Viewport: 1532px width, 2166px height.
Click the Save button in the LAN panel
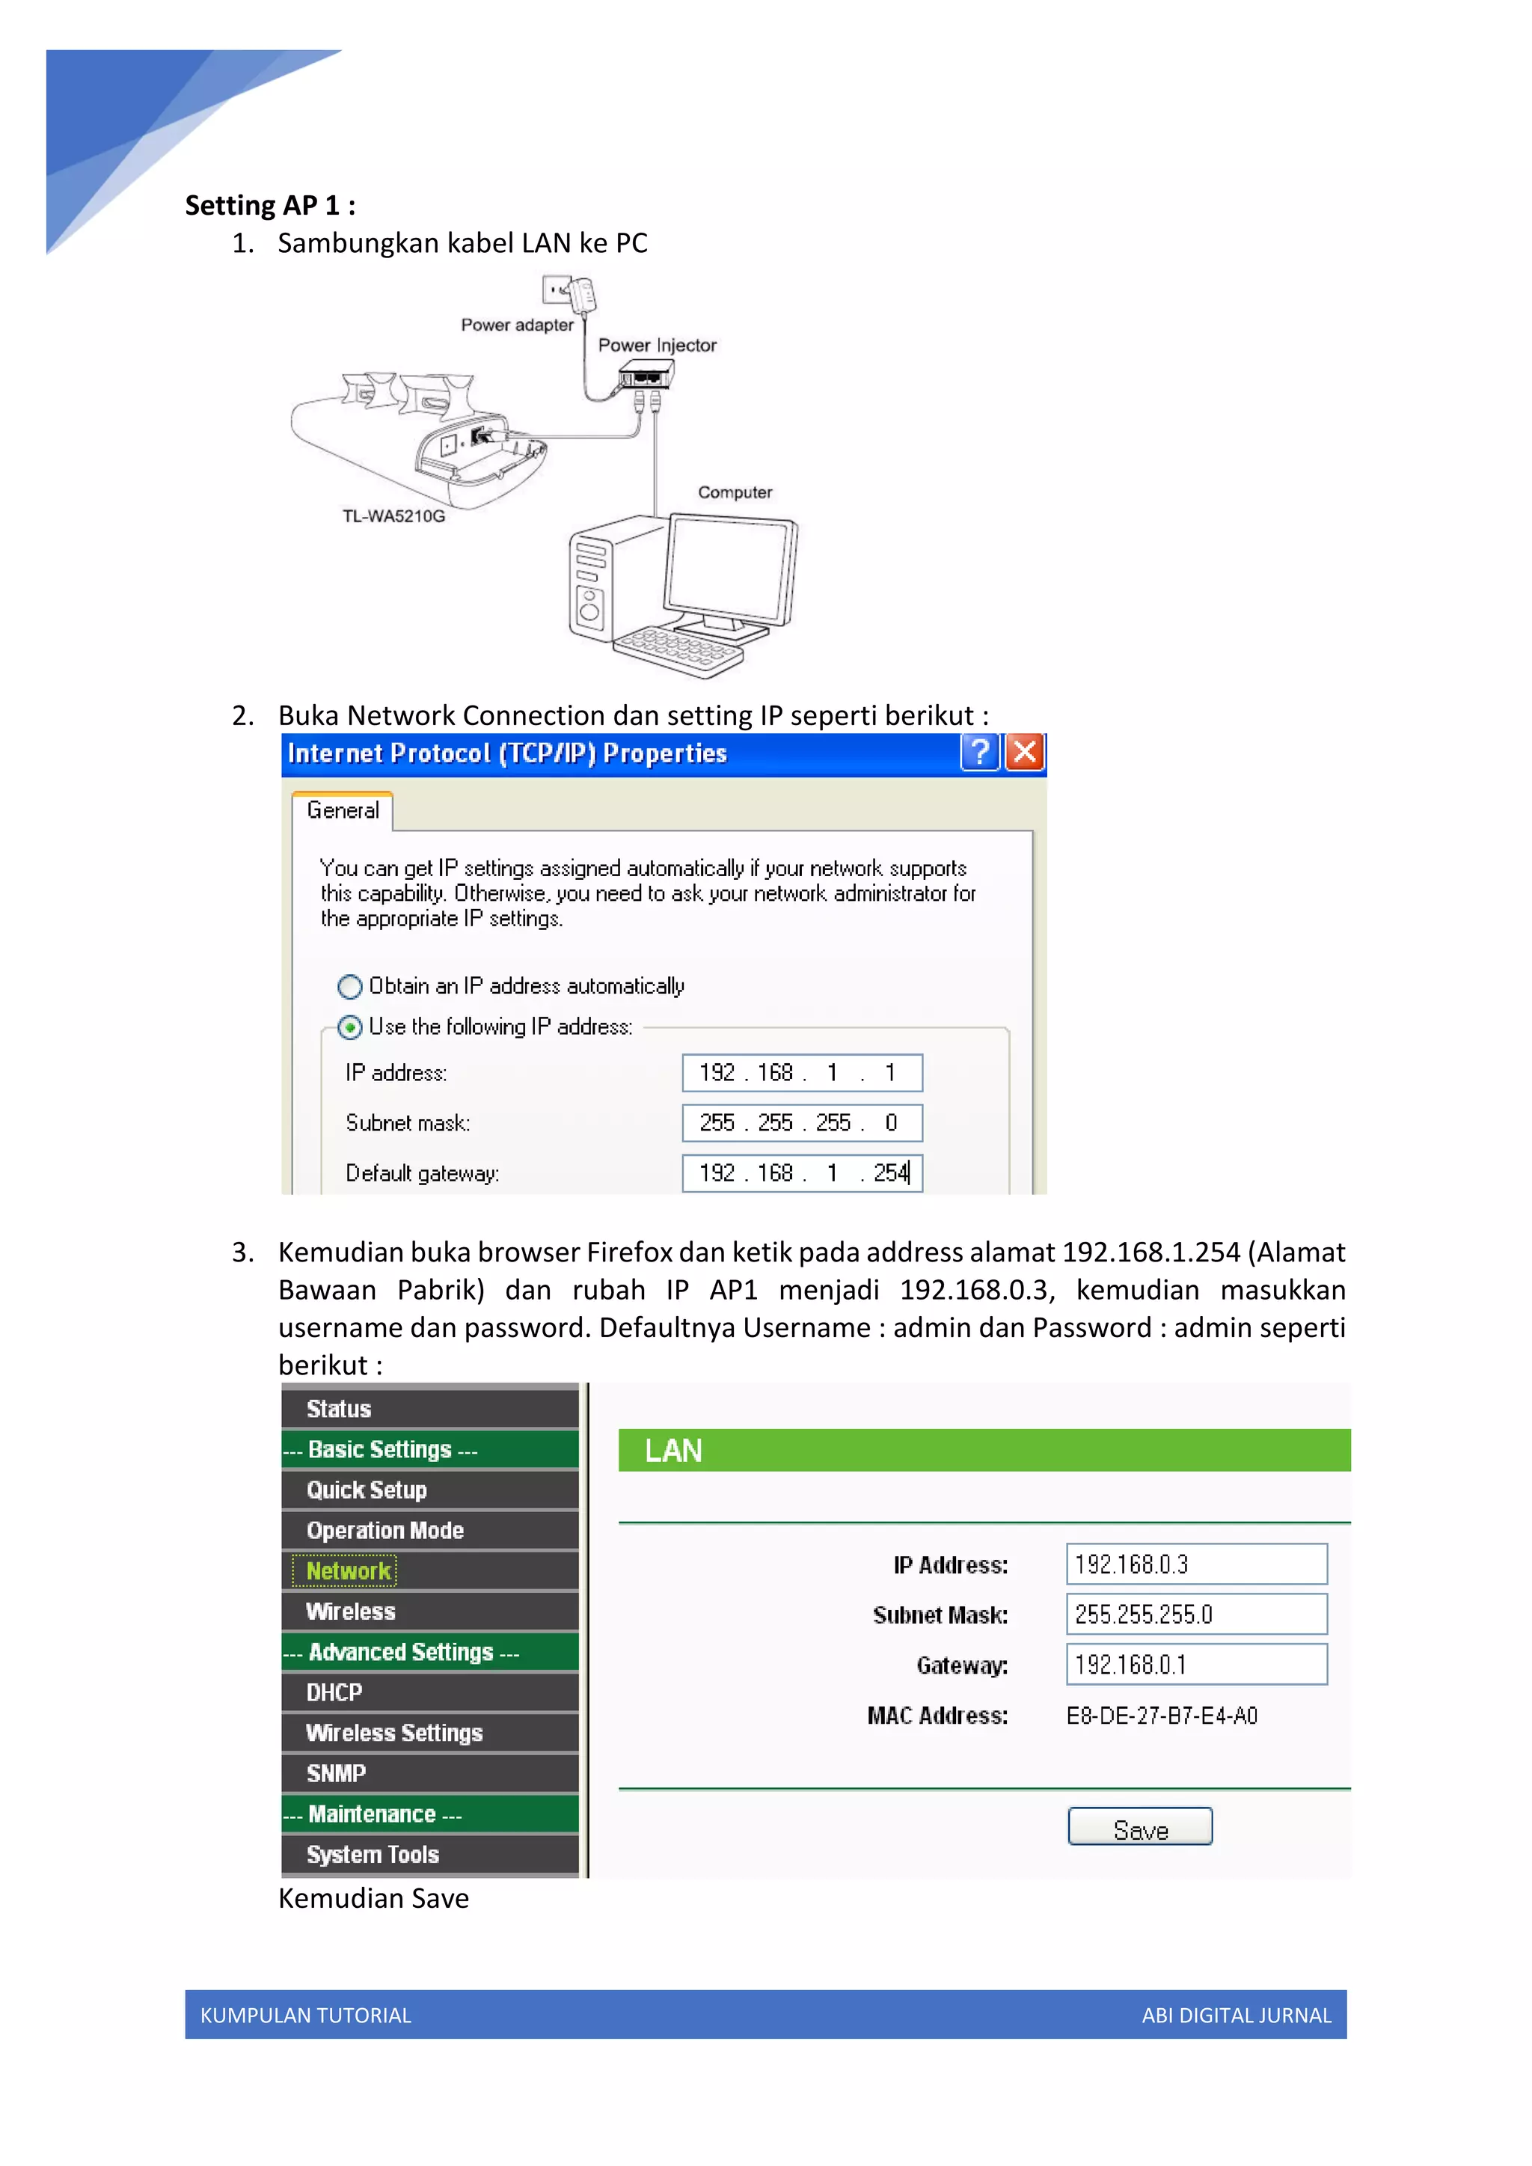click(x=1139, y=1826)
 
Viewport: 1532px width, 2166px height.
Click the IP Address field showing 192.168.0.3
click(x=1196, y=1564)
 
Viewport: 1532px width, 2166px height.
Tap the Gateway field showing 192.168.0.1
click(x=1196, y=1664)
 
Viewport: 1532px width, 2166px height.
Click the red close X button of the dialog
click(x=1025, y=752)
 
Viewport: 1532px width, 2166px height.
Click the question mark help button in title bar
click(x=979, y=752)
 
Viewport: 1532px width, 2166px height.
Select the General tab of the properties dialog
click(x=343, y=810)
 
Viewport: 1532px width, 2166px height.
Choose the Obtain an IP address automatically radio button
click(x=350, y=987)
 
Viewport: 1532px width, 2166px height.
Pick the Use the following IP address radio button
click(x=350, y=1027)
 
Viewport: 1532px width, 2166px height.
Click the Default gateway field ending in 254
click(x=802, y=1172)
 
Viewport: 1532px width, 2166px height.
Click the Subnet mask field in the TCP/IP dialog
click(x=802, y=1122)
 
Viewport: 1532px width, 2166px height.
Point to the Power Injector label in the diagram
click(x=657, y=345)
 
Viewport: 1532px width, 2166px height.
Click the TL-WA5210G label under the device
click(x=393, y=516)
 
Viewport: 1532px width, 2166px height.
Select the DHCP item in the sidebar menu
click(x=335, y=1692)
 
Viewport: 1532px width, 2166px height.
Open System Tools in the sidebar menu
click(x=373, y=1855)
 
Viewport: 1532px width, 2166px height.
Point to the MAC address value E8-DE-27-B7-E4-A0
click(x=1161, y=1715)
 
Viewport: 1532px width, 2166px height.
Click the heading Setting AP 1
click(x=270, y=206)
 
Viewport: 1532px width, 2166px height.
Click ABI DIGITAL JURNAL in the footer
click(x=1236, y=2015)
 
